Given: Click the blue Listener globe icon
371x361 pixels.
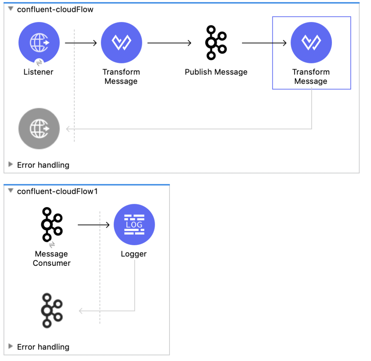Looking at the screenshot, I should (x=39, y=43).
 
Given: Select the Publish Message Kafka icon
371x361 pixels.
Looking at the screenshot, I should (x=216, y=43).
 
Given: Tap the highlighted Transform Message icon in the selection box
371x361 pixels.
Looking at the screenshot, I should (x=311, y=43).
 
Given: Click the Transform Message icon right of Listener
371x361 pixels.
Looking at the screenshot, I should (x=121, y=43).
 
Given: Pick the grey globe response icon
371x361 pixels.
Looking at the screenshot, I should (x=39, y=129).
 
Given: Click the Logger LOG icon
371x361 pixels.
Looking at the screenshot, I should (x=134, y=224).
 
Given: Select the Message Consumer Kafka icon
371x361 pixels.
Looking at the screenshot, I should (x=51, y=224).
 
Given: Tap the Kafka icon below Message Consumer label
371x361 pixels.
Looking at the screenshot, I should (x=51, y=311).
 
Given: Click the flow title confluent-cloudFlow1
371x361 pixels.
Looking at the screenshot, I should (x=57, y=191).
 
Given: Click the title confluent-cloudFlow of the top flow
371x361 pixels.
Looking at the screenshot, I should (x=55, y=9).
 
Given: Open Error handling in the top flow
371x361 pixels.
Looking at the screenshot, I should (x=43, y=165).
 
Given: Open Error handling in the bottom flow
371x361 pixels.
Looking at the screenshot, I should (x=43, y=347).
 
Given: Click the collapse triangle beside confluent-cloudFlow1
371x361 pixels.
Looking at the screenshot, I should (x=11, y=191).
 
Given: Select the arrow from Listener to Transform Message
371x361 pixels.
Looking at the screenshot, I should (x=81, y=43).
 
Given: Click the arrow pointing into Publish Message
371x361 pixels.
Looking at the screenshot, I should (x=169, y=43).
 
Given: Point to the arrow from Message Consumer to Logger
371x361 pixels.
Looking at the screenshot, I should (x=93, y=225).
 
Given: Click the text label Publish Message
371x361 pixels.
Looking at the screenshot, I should (x=216, y=72).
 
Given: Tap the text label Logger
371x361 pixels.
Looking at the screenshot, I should (x=134, y=254).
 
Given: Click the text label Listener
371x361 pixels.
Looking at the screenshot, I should (x=38, y=72).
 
